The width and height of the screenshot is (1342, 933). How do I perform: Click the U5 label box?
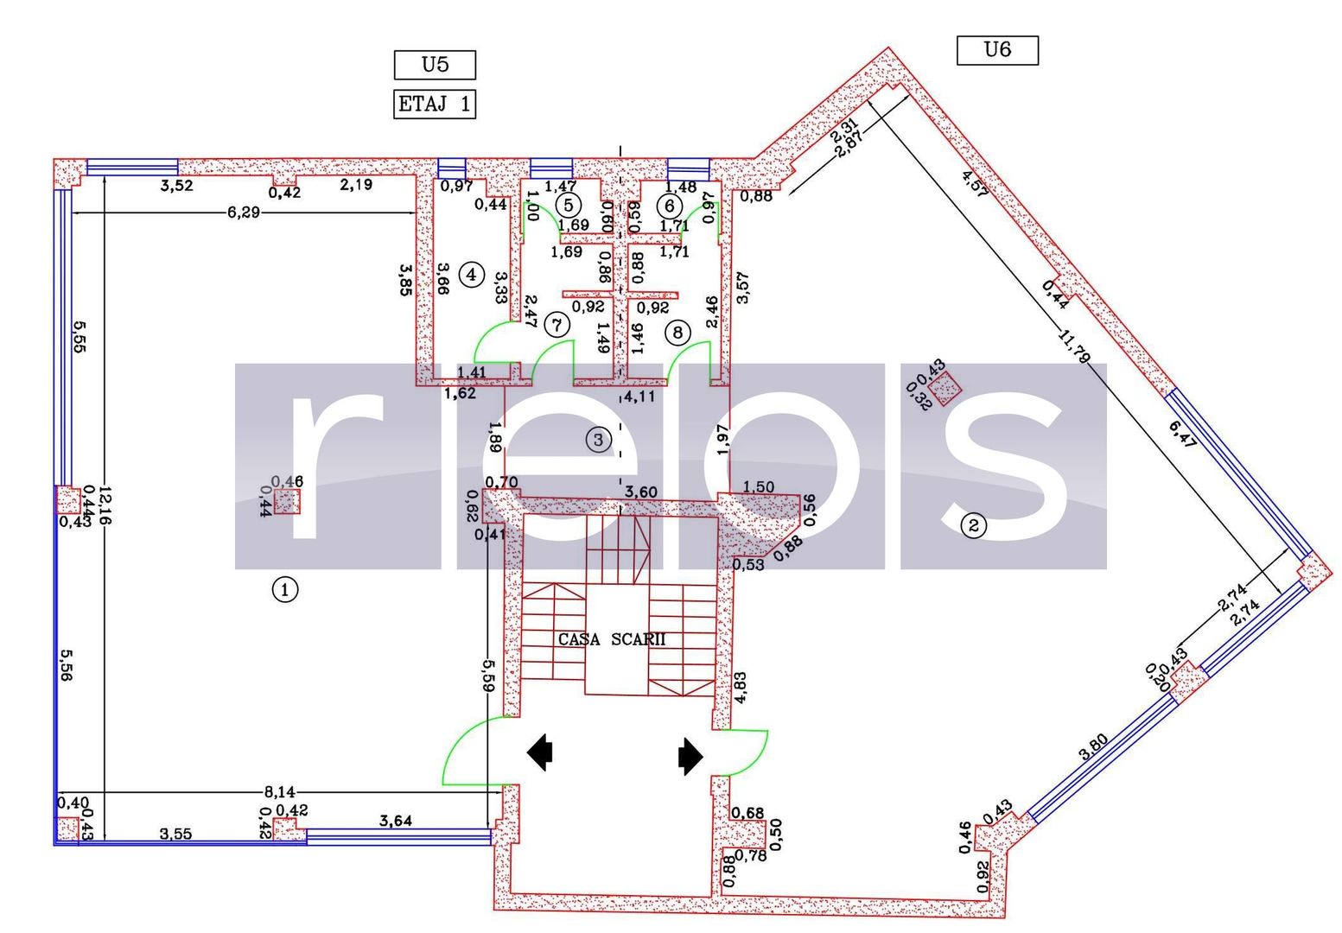tap(435, 65)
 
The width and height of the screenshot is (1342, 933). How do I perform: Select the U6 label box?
tap(997, 50)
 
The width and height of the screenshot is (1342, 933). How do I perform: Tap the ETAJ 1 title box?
tap(435, 105)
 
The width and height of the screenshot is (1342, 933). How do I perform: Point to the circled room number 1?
tap(285, 590)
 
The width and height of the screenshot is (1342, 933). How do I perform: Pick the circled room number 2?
tap(974, 524)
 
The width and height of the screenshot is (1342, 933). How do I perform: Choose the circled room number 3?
tap(598, 440)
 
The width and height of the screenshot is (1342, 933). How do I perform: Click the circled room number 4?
tap(471, 275)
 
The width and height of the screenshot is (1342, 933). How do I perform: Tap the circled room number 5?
tap(568, 205)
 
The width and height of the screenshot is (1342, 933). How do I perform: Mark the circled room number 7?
tap(557, 326)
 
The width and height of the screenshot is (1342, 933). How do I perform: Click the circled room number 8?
tap(678, 331)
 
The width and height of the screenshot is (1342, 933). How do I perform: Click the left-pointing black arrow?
tap(541, 752)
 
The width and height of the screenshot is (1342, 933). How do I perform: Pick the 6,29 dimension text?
tap(243, 213)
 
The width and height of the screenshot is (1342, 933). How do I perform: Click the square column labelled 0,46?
tap(288, 501)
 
